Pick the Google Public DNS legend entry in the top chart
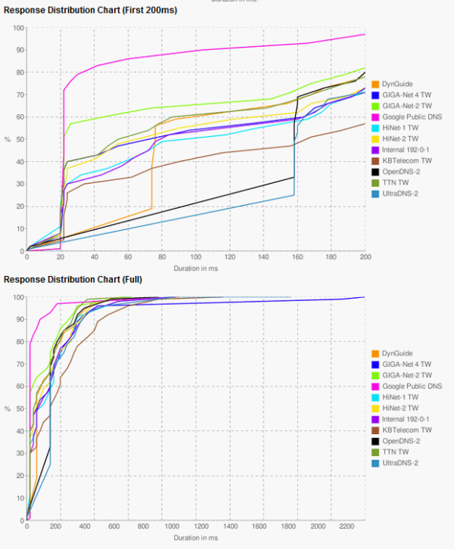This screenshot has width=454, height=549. tap(412, 116)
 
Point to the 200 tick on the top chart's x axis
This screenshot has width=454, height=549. tap(365, 258)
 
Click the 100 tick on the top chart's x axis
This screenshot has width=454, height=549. tap(196, 258)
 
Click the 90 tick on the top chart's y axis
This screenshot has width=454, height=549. tap(18, 50)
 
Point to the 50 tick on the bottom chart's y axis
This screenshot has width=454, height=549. tap(18, 409)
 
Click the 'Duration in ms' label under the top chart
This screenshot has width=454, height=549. tap(196, 268)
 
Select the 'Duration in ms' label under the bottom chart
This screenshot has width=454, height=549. tap(196, 538)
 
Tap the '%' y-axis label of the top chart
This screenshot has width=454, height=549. tap(8, 140)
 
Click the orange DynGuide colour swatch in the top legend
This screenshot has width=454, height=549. tap(375, 83)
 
